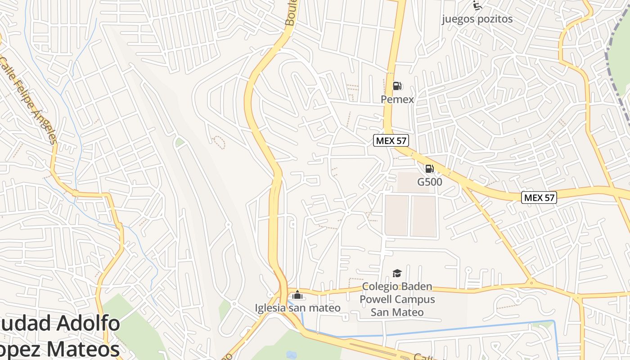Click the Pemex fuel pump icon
point(397,85)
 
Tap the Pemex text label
point(397,99)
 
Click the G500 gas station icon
point(429,169)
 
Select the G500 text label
point(429,182)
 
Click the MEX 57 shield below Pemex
point(391,140)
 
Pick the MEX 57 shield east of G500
point(539,197)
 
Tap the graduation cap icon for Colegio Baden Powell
point(396,273)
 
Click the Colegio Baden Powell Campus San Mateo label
point(397,299)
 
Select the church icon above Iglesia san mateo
point(297,295)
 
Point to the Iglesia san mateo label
point(297,308)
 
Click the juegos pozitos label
point(477,19)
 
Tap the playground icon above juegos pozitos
point(477,5)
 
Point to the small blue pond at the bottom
point(292,355)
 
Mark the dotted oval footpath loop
point(218,142)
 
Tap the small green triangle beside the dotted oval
point(180,143)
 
